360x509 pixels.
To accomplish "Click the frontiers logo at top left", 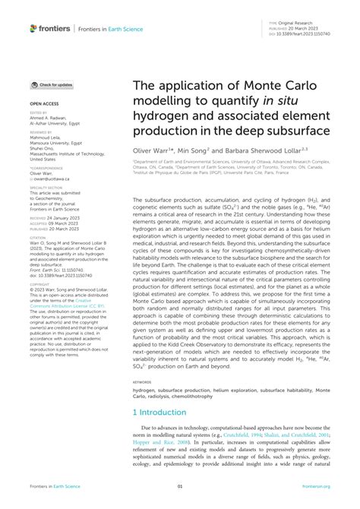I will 50,28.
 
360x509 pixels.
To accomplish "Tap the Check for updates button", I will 52,85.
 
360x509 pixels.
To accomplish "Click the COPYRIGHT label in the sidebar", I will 40,262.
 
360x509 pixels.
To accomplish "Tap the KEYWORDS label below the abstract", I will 142,382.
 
